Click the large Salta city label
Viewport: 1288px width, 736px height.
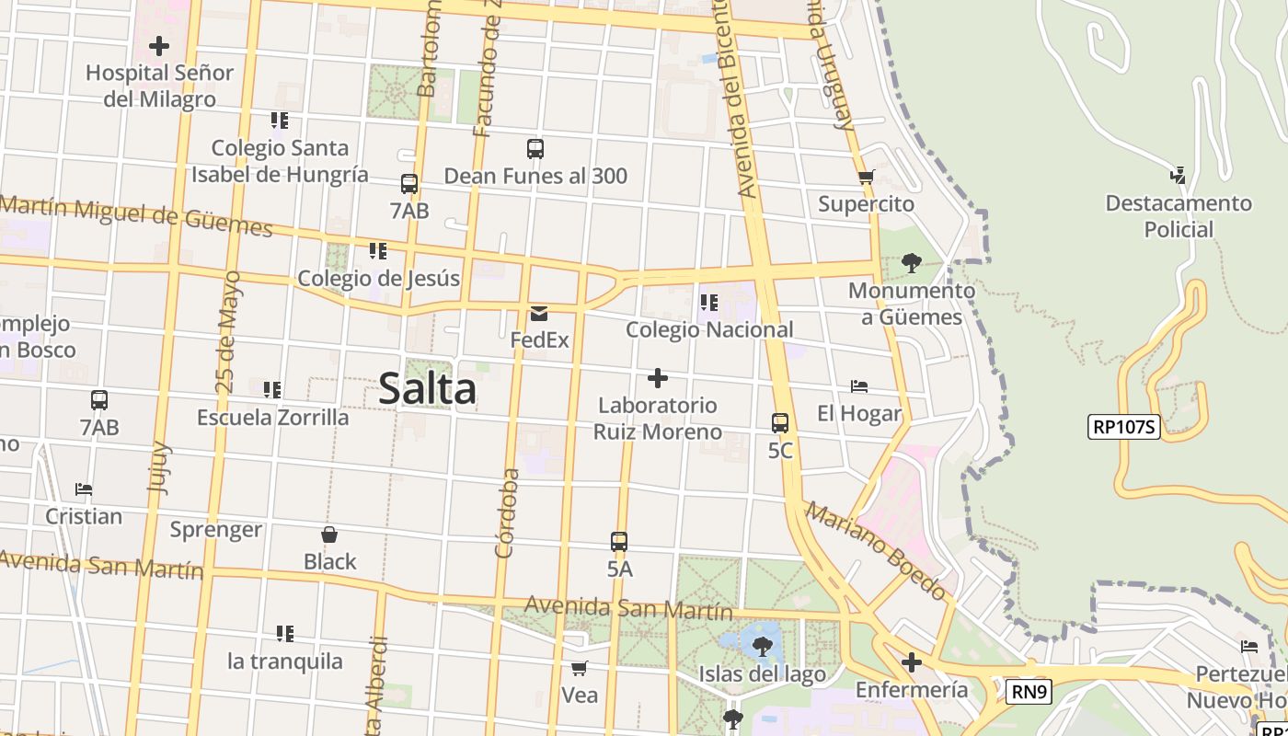pyautogui.click(x=428, y=388)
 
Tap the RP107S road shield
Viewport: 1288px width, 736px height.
pyautogui.click(x=1124, y=427)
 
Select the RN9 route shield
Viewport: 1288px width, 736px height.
pyautogui.click(x=1028, y=692)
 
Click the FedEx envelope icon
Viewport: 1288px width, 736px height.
pyautogui.click(x=539, y=314)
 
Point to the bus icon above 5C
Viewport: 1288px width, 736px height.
pyautogui.click(x=780, y=423)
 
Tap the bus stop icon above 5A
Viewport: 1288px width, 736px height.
pyautogui.click(x=619, y=542)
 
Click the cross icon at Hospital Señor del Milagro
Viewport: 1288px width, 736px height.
pyautogui.click(x=159, y=45)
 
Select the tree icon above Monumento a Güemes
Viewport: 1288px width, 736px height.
pyautogui.click(x=912, y=263)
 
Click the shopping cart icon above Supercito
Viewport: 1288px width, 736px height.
pyautogui.click(x=866, y=177)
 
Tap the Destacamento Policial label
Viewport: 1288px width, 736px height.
pyautogui.click(x=1179, y=216)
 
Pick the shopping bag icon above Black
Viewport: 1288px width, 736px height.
pyautogui.click(x=329, y=535)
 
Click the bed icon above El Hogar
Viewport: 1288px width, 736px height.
pyautogui.click(x=859, y=386)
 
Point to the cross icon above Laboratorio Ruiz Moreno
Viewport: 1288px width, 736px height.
pyautogui.click(x=657, y=378)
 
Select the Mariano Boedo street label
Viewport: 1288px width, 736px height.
pyautogui.click(x=876, y=551)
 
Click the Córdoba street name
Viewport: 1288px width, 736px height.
pyautogui.click(x=506, y=513)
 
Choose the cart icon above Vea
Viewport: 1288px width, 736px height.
pyautogui.click(x=580, y=668)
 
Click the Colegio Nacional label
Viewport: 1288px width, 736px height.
pyautogui.click(x=709, y=329)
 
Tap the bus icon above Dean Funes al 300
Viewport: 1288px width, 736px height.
pyautogui.click(x=535, y=148)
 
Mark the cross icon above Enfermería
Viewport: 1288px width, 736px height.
pyautogui.click(x=912, y=662)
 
